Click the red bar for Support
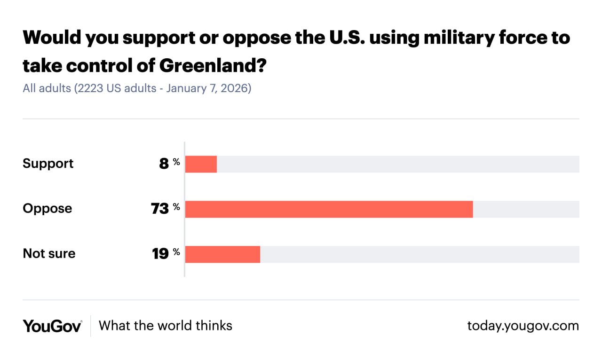point(201,164)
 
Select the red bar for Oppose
point(329,209)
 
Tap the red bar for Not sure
point(222,254)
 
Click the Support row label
point(48,164)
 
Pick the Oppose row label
point(48,209)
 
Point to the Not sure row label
point(49,254)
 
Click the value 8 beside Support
point(164,164)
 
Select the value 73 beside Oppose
point(160,209)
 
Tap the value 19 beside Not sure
point(160,254)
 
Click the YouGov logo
point(52,326)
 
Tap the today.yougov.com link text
point(523,326)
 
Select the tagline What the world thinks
point(166,326)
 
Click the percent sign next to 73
point(176,207)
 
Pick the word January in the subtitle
point(184,88)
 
